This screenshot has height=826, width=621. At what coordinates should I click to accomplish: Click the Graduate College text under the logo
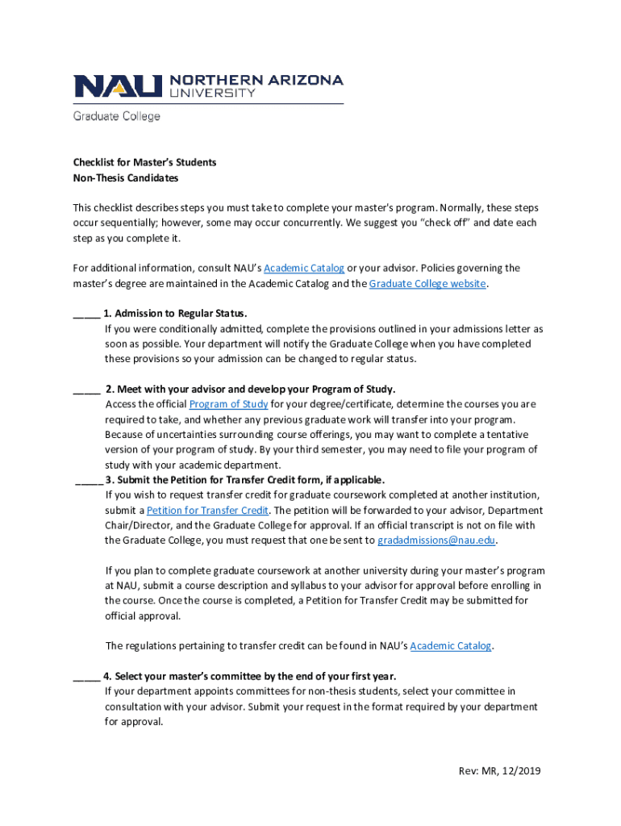[x=117, y=116]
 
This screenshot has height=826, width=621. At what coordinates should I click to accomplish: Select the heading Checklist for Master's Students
[x=144, y=162]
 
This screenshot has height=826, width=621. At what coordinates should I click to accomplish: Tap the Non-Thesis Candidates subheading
[x=125, y=177]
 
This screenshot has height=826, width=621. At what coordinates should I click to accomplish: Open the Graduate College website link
[x=427, y=283]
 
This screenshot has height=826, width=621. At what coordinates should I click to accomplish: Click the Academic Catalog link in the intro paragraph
[x=304, y=268]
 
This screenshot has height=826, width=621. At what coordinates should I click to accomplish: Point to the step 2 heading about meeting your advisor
[x=250, y=389]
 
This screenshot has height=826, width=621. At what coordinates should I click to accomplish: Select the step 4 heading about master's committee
[x=249, y=676]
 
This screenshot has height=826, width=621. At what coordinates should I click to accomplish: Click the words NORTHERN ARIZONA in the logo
[x=256, y=80]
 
